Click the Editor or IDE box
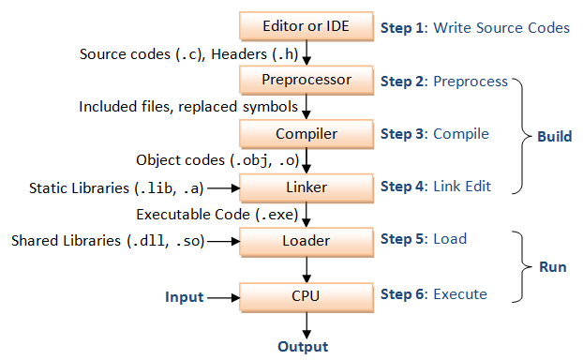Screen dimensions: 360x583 coord(306,27)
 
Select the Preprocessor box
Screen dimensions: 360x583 coord(306,82)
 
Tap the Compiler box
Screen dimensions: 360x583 coord(306,134)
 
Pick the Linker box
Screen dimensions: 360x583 coord(306,187)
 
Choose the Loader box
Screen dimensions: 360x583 coord(306,241)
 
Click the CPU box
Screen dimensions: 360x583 coord(306,295)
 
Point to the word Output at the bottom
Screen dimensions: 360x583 coord(303,347)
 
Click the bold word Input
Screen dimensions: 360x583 coord(185,296)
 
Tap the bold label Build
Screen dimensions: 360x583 coord(554,137)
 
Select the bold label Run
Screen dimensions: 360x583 coord(552,267)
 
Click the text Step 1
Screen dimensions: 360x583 coord(403,28)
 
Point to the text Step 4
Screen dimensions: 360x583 coord(403,187)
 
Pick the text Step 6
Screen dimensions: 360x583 coord(403,294)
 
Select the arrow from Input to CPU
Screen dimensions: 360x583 coord(222,296)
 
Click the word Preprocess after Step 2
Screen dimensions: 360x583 coord(471,82)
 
